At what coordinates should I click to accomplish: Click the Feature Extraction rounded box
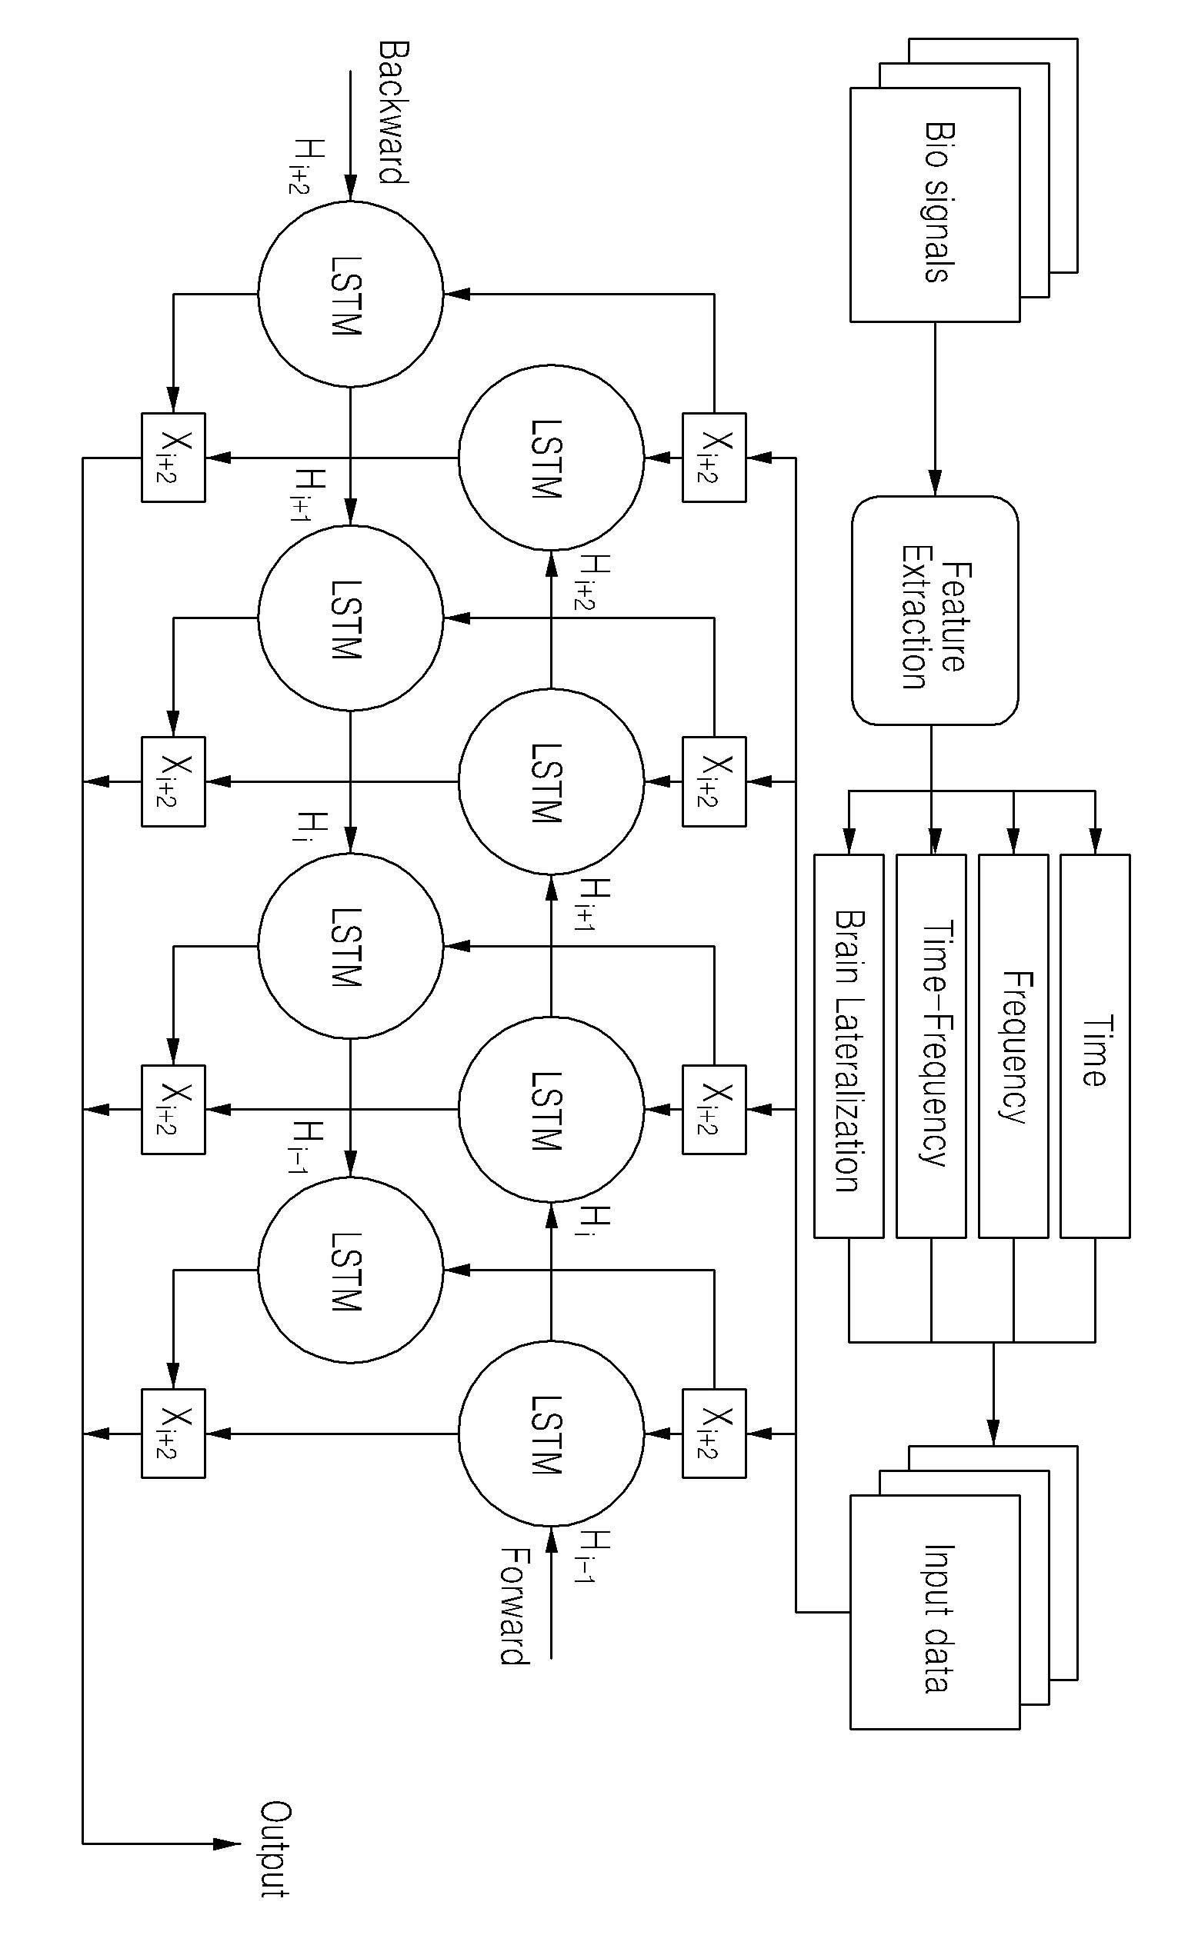tap(935, 611)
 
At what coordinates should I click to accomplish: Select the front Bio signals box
tap(935, 205)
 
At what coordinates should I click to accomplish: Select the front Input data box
tap(935, 1613)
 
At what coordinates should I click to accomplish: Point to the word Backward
tap(392, 112)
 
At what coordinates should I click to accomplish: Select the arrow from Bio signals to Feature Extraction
tap(935, 408)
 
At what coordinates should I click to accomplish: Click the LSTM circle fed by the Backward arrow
tap(350, 294)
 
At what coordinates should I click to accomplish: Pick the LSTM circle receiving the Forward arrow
tap(552, 1434)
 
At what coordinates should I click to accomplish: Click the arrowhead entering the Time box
tap(1095, 842)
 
